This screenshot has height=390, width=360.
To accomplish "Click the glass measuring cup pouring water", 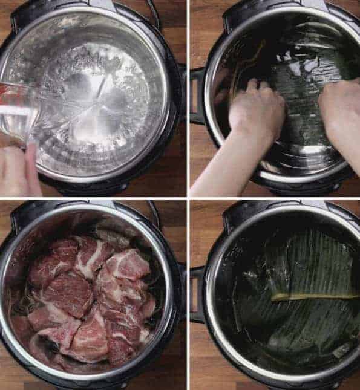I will pyautogui.click(x=18, y=115).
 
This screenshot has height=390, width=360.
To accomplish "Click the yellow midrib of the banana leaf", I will pyautogui.click(x=315, y=296).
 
